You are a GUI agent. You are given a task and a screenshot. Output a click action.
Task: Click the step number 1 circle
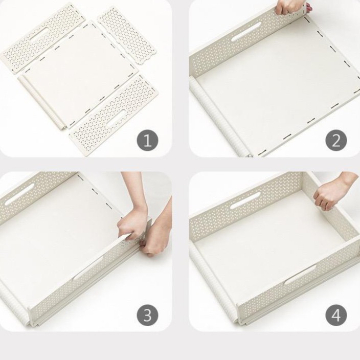click(147, 140)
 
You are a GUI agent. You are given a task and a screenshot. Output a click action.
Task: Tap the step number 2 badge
click(336, 140)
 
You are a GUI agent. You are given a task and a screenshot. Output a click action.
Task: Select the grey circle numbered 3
click(147, 315)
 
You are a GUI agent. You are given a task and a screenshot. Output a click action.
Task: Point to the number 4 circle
click(336, 315)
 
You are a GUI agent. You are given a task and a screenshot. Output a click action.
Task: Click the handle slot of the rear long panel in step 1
click(39, 35)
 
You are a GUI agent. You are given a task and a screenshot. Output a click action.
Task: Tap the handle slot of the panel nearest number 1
click(116, 118)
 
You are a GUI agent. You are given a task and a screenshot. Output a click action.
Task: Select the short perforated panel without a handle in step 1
click(127, 35)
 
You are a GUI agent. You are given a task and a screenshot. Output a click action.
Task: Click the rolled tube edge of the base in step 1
click(42, 102)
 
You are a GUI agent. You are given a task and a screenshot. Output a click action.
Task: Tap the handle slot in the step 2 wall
click(246, 35)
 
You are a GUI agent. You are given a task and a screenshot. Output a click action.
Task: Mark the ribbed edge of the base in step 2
click(218, 117)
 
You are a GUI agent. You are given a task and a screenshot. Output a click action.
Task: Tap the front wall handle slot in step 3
click(88, 268)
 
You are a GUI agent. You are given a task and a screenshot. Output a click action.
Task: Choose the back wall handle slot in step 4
click(245, 200)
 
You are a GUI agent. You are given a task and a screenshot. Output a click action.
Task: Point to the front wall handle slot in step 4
click(300, 275)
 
